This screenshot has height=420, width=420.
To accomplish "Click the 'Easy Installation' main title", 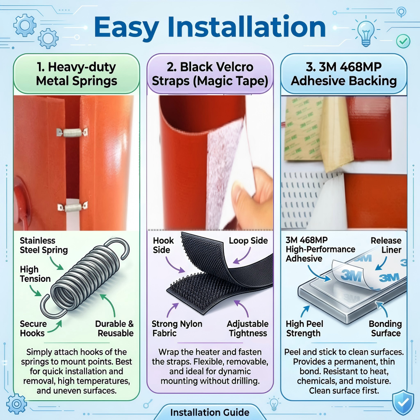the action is click(x=210, y=28).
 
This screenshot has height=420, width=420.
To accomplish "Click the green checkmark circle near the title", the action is click(x=403, y=41).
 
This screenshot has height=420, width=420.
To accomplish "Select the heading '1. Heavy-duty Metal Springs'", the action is click(x=77, y=73).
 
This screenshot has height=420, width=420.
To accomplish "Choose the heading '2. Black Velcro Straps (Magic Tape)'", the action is click(x=210, y=73).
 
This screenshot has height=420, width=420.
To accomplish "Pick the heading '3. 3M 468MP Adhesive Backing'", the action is click(x=344, y=73).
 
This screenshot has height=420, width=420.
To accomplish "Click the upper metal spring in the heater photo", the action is click(x=72, y=132).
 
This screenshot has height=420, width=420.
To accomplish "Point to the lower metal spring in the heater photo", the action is click(x=73, y=206).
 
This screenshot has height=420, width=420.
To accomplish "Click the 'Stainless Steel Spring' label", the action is click(x=44, y=245).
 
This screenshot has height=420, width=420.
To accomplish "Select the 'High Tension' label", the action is click(x=35, y=274).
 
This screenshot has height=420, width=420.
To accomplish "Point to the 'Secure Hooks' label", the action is click(x=33, y=329).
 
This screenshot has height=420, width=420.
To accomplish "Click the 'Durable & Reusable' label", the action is click(x=114, y=329).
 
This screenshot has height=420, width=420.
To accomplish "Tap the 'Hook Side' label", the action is click(x=163, y=245).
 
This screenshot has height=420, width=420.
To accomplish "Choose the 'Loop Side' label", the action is click(x=248, y=241).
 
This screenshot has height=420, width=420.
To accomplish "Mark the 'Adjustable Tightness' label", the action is click(x=248, y=329).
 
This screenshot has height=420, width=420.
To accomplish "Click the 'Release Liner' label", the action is click(x=386, y=245).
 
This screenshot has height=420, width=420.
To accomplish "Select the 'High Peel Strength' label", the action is click(x=304, y=329).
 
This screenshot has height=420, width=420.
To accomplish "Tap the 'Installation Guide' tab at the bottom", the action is click(x=210, y=412).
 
